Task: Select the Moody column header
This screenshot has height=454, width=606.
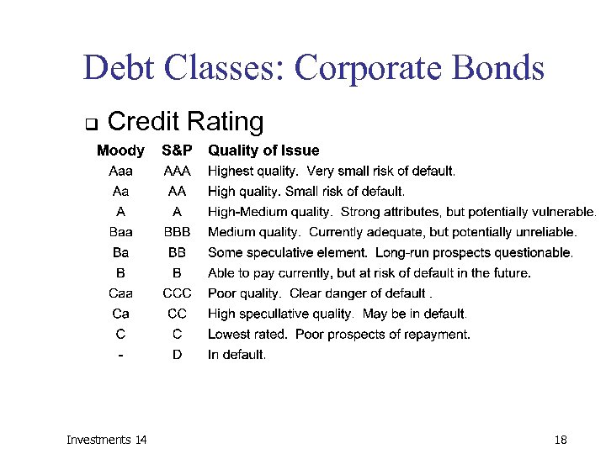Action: (120, 151)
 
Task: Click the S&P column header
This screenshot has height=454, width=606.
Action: (177, 151)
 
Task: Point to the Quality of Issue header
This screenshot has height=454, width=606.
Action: (263, 151)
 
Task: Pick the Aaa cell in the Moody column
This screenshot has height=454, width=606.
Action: (121, 172)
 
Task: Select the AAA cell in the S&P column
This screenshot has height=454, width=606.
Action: (177, 172)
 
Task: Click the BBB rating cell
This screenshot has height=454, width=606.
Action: (177, 232)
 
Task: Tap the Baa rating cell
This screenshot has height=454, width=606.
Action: (121, 232)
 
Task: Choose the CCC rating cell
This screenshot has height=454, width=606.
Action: (177, 293)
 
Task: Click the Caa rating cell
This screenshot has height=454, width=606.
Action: (121, 293)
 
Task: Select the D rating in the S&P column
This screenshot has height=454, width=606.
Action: (177, 355)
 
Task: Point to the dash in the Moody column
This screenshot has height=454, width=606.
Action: (121, 355)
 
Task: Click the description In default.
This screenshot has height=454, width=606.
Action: (237, 355)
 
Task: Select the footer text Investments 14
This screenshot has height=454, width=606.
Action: (106, 440)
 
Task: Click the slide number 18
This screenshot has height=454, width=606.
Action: (561, 440)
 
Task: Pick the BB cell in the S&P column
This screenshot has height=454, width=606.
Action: (177, 252)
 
